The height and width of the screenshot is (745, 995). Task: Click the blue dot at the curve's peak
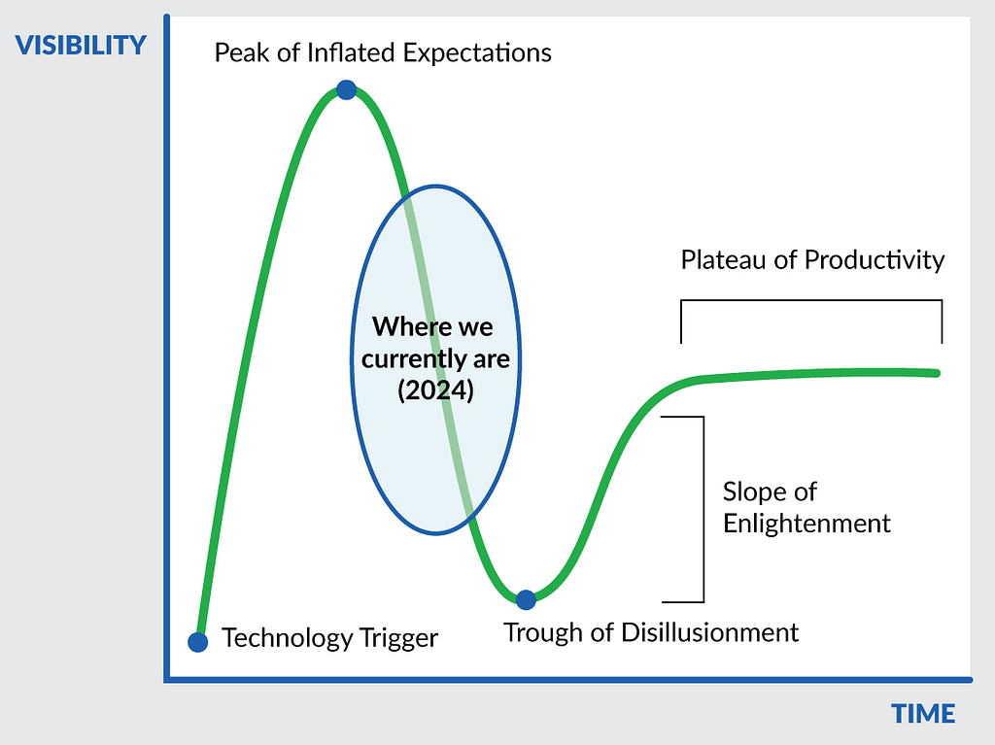tap(347, 89)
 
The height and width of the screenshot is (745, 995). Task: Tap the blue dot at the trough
tap(526, 599)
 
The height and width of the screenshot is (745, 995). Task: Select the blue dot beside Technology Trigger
tap(198, 642)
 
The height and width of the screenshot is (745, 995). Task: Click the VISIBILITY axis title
tap(81, 45)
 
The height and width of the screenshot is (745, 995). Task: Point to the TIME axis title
tap(923, 714)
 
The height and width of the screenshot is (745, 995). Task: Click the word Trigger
tap(398, 639)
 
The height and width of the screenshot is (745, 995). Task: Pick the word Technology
tap(288, 639)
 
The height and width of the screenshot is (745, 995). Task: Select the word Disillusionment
tap(709, 632)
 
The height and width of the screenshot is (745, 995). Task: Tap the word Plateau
tap(723, 260)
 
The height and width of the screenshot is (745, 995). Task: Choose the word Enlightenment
tap(806, 525)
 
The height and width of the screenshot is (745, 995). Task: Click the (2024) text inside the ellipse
tap(435, 389)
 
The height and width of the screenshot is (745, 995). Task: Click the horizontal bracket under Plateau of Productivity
tap(811, 300)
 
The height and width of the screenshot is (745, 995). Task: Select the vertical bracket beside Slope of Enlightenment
tap(703, 510)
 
